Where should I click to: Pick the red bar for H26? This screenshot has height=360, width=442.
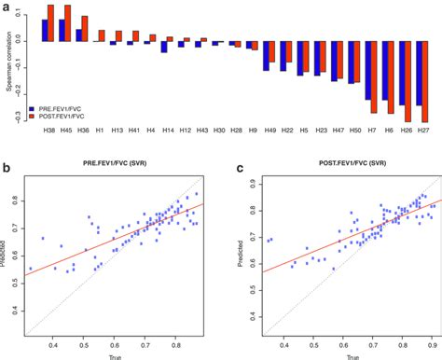407,81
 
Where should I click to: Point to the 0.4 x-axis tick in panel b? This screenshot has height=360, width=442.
56,344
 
